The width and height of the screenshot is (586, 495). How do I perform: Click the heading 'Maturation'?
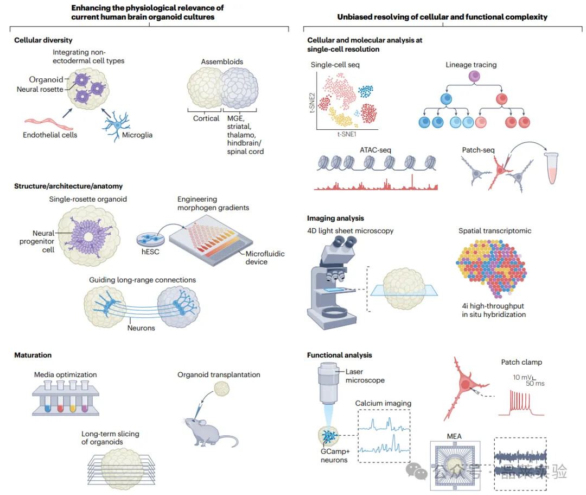tap(33, 355)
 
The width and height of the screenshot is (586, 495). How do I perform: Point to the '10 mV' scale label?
tap(521, 377)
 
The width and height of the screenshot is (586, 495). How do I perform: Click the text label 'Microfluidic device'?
tap(265, 258)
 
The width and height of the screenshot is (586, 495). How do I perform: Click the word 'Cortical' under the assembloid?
tap(206, 118)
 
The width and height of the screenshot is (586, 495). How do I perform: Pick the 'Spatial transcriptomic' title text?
tap(495, 230)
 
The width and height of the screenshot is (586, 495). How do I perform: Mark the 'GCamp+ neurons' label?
tap(334, 456)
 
